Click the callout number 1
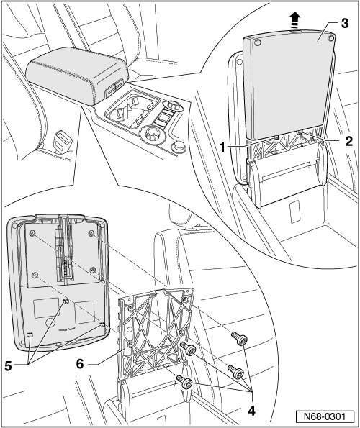tap(223, 147)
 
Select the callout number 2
tap(348, 141)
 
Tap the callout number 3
tap(345, 24)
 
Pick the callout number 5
tap(8, 365)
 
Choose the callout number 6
tap(79, 363)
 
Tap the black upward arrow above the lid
tap(294, 20)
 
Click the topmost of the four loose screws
tap(239, 339)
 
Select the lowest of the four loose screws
tap(184, 381)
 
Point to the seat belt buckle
tap(63, 140)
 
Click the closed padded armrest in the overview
tap(77, 73)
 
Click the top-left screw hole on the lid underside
tap(33, 233)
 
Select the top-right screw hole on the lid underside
tap(91, 233)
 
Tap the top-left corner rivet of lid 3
tap(256, 42)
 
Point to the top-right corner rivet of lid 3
tap(331, 37)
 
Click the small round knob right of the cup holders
tap(179, 146)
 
